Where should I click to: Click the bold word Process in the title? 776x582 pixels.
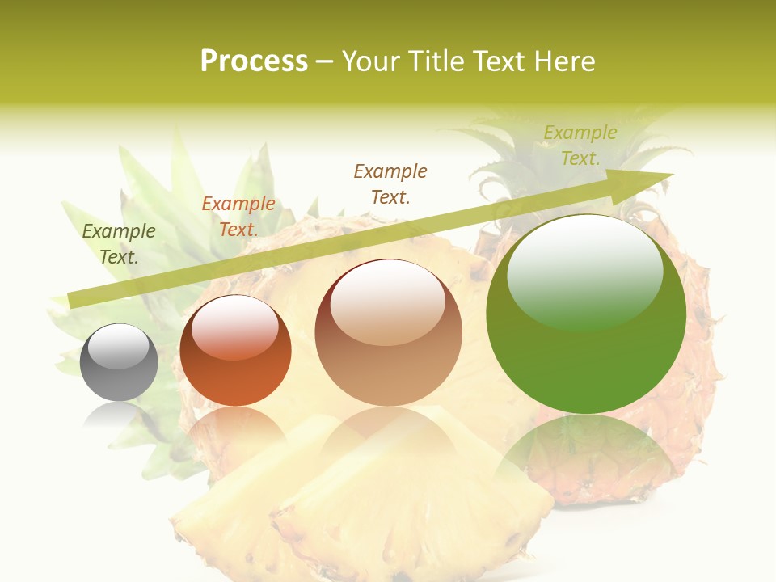click(x=254, y=61)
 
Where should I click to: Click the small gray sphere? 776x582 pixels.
click(x=119, y=362)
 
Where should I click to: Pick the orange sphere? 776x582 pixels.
click(x=235, y=351)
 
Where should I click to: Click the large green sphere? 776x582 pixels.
click(x=586, y=314)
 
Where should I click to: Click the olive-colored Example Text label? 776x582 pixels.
click(x=119, y=244)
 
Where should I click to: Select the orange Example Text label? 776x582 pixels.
click(x=238, y=217)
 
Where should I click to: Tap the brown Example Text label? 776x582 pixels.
click(x=390, y=183)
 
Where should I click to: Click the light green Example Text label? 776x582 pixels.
click(x=580, y=145)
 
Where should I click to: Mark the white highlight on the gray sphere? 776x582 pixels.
click(x=119, y=346)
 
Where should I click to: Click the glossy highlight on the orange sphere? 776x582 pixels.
click(x=234, y=327)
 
